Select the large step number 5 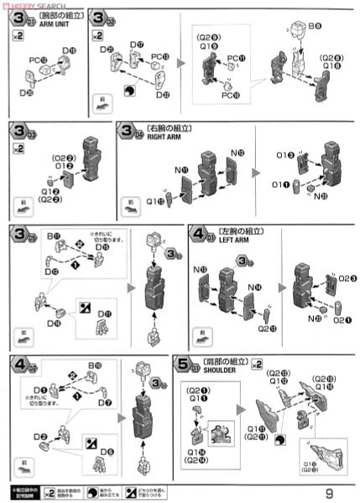click(183, 366)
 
